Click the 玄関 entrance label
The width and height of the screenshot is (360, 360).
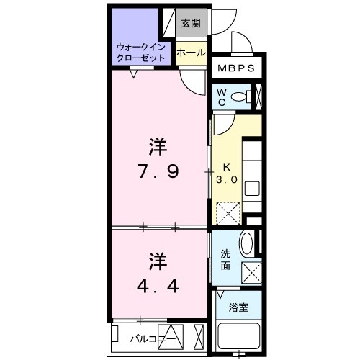pos(190,23)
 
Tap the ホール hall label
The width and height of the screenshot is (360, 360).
pos(192,53)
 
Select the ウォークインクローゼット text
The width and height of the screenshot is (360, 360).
pos(141,51)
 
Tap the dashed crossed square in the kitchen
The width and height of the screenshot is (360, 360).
pos(229,212)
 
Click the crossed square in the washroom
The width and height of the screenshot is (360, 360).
pos(252,273)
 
